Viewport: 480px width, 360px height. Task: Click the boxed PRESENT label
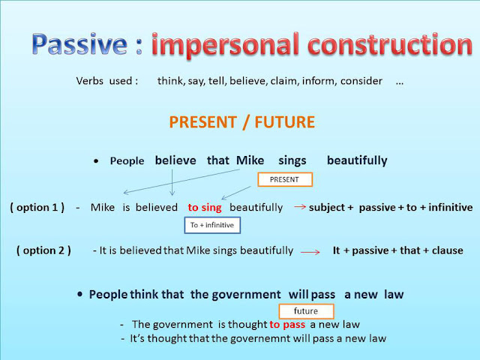pos(284,180)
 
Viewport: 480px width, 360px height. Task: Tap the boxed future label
pos(305,310)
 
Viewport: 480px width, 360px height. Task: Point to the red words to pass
pos(288,324)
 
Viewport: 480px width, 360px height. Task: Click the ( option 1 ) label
pos(37,207)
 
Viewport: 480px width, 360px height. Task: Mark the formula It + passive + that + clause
pos(397,251)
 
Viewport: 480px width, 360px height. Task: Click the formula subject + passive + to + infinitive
pos(391,207)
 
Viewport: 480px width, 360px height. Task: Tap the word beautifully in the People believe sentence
pos(357,160)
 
